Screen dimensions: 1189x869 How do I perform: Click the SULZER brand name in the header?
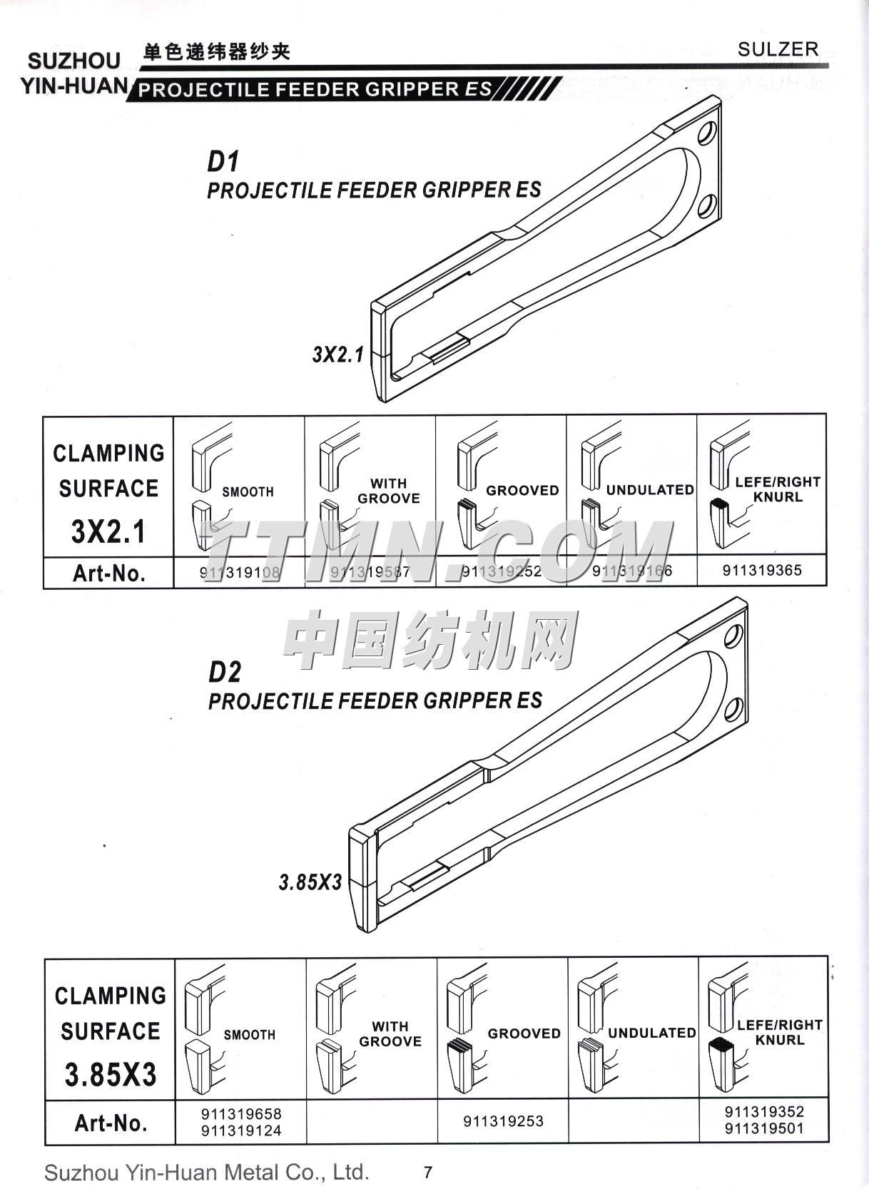[778, 49]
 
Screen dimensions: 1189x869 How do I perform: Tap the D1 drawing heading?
[223, 162]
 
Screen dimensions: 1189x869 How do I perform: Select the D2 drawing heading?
[225, 672]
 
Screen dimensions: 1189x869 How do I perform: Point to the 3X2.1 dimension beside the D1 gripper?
[337, 354]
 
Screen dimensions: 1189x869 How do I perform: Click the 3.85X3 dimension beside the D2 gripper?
[310, 882]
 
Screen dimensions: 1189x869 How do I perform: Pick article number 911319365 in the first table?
[762, 571]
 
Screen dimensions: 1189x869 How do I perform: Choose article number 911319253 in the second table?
[503, 1121]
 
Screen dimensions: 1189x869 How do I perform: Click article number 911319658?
[241, 1113]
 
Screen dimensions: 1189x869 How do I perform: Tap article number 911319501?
[763, 1128]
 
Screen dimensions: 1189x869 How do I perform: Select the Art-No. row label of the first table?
[108, 573]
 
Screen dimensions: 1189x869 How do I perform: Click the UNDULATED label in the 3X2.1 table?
[650, 490]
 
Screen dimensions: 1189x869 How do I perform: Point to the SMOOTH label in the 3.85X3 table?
[249, 1034]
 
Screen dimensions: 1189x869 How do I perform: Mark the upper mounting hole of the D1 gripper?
[708, 133]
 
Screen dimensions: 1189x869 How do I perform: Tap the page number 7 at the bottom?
[427, 1172]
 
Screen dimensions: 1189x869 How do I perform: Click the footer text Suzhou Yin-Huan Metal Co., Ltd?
[207, 1172]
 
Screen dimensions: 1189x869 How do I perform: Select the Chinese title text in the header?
[217, 52]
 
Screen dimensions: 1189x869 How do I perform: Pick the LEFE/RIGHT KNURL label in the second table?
[780, 1032]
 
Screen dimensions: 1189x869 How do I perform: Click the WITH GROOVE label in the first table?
[388, 491]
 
